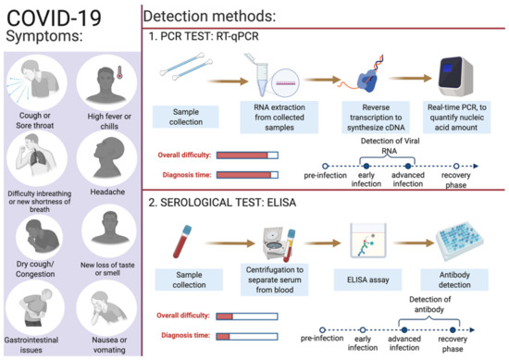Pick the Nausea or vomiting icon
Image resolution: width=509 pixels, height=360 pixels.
pos(103,302)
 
